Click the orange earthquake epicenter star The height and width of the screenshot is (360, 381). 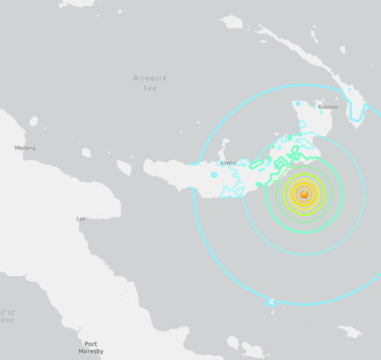click(x=304, y=194)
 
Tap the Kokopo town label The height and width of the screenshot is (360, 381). click(x=328, y=107)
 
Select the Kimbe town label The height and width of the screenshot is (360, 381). click(x=227, y=163)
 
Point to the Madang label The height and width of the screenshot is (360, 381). click(x=25, y=148)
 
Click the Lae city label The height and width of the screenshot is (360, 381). click(x=81, y=219)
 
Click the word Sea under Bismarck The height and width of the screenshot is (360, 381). click(x=151, y=88)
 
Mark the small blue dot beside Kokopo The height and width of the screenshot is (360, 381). click(x=315, y=107)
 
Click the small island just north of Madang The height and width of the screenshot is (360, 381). click(x=34, y=121)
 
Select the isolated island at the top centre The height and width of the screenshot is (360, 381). click(x=232, y=23)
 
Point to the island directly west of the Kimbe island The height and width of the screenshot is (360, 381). click(x=124, y=168)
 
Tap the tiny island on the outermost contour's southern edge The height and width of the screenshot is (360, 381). click(x=271, y=302)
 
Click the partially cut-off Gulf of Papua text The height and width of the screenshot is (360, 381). click(x=7, y=316)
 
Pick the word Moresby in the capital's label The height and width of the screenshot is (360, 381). click(x=90, y=351)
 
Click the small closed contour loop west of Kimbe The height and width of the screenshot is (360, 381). click(x=214, y=175)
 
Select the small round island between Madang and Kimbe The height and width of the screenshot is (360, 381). click(x=86, y=152)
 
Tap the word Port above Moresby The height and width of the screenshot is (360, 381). click(x=90, y=344)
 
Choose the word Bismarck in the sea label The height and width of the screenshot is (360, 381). click(x=150, y=79)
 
